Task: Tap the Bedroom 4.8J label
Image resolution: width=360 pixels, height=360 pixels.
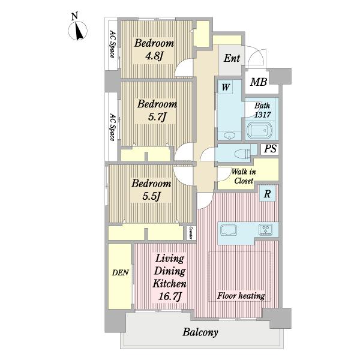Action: coord(154,49)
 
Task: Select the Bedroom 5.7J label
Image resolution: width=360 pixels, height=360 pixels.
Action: coord(157,110)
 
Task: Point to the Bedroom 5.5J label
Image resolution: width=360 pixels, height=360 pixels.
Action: coord(151,190)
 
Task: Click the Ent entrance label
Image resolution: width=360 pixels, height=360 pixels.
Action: coord(232,58)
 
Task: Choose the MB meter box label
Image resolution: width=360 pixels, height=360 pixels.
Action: coord(259,82)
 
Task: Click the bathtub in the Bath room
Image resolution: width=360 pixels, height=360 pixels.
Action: coord(259,131)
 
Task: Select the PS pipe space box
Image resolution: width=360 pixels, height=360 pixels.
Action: coord(270,149)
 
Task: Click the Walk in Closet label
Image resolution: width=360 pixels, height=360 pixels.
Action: coord(244,176)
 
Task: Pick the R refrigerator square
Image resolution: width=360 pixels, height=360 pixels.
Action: coord(267,194)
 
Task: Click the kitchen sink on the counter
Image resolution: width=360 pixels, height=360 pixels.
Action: coord(229,230)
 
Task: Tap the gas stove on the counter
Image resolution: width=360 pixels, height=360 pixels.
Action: coord(265,230)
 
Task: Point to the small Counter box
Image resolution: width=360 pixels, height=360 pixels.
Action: coord(191,233)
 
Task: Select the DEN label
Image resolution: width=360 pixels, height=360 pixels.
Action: coord(121,272)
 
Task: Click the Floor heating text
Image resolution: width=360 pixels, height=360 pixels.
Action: coord(241,296)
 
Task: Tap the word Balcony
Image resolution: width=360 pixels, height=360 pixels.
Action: coord(200,332)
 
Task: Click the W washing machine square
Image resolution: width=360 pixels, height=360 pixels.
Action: coord(226,87)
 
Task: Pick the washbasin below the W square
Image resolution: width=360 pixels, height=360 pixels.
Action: coord(229,136)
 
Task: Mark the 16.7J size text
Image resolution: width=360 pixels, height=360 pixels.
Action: coord(170,296)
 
